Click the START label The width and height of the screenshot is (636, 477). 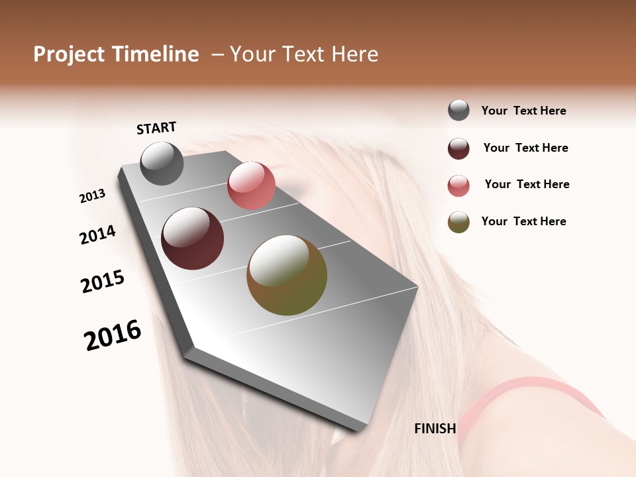tap(156, 127)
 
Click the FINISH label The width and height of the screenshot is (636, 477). tap(435, 429)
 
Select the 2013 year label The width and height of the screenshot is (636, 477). tap(92, 196)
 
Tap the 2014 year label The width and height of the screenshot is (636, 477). tap(97, 235)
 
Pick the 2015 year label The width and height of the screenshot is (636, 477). tap(103, 282)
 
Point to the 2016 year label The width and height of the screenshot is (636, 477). tap(113, 336)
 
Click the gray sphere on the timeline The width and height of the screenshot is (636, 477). tap(162, 163)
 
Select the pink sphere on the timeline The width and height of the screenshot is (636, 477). tap(251, 185)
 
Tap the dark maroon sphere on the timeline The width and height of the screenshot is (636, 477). tap(193, 238)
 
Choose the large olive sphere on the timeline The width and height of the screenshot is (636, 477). tap(287, 275)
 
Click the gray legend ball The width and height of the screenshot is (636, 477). tap(458, 111)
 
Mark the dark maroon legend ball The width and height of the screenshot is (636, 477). tap(458, 148)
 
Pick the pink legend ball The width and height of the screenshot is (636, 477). tap(458, 185)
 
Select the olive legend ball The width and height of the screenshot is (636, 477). tap(458, 222)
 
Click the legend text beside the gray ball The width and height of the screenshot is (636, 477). tap(523, 111)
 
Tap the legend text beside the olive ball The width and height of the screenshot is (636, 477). tap(523, 221)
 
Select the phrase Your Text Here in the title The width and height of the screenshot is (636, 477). tap(303, 54)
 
